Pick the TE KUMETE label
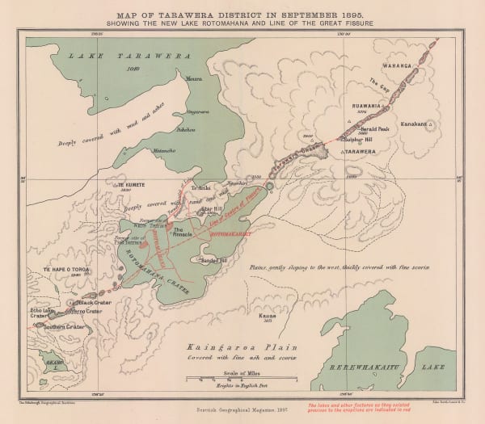[x=132, y=184]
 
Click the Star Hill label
[x=211, y=208]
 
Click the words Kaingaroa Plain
[x=212, y=343]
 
